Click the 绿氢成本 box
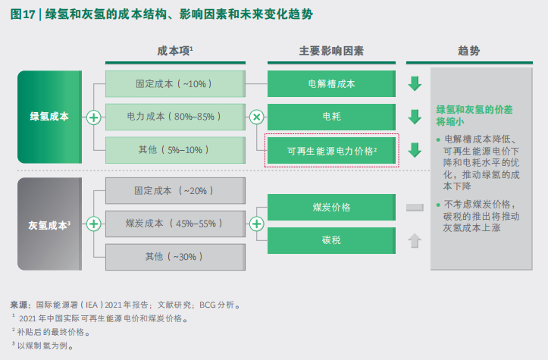[x=49, y=117]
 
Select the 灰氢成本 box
[x=49, y=224]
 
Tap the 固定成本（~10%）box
[x=175, y=84]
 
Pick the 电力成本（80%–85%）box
[x=175, y=117]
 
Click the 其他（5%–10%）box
[x=175, y=150]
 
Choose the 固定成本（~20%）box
[x=175, y=190]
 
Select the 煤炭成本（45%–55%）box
[x=175, y=224]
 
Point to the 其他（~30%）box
[x=175, y=257]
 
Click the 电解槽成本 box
[x=331, y=84]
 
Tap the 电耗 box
[x=331, y=117]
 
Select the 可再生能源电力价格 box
[x=331, y=151]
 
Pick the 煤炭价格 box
[x=331, y=207]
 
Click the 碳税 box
[x=331, y=240]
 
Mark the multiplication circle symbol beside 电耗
[x=256, y=117]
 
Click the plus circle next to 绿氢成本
[x=94, y=117]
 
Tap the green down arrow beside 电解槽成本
[x=415, y=84]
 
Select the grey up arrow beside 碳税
[x=415, y=240]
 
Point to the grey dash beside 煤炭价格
[x=415, y=208]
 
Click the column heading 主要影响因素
[x=331, y=51]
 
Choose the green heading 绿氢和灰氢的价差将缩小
[x=474, y=116]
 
